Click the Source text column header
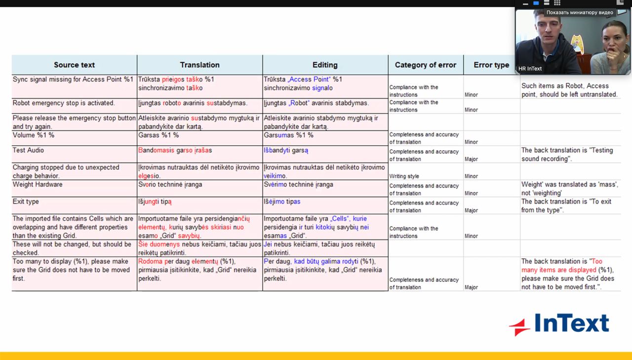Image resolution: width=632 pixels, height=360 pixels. point(74,65)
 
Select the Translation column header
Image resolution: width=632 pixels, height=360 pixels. point(199,65)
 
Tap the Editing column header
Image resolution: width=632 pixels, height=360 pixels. point(325,65)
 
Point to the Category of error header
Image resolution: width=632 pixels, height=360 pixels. point(426,65)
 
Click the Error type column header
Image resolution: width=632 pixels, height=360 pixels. point(491,65)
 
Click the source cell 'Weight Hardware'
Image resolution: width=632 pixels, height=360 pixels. point(38,184)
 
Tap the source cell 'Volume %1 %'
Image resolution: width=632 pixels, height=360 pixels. point(34,135)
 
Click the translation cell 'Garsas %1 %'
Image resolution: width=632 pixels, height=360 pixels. point(158,135)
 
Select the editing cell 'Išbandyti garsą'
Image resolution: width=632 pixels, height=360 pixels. point(286,150)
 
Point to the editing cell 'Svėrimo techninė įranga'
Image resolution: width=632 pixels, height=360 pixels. point(298,184)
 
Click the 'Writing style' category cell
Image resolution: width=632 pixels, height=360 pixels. point(404,176)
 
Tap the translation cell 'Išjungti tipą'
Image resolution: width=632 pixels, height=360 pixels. point(155,201)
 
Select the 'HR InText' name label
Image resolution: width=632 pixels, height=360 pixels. point(530,69)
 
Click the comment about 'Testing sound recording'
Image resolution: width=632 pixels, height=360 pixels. point(567,154)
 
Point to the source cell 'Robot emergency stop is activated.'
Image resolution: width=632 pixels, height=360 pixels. point(64,103)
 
